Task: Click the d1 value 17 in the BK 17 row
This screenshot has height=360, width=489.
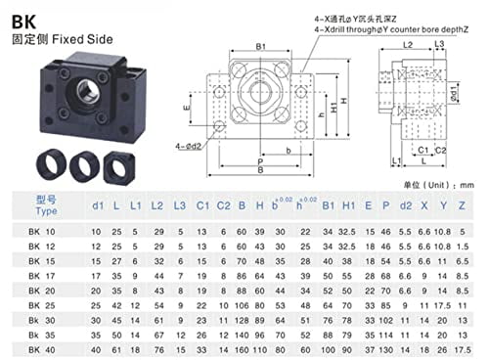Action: (x=96, y=275)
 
